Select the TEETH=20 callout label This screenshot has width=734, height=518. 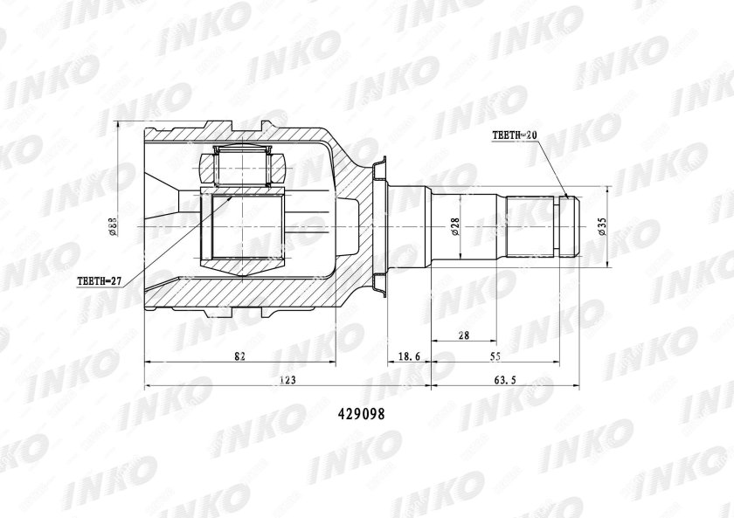[516, 135]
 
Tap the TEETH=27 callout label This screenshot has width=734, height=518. [98, 281]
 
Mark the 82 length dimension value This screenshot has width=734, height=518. [239, 356]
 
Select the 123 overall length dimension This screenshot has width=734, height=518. [287, 380]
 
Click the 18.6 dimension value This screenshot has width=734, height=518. [408, 356]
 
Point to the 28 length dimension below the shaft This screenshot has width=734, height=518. [464, 335]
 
